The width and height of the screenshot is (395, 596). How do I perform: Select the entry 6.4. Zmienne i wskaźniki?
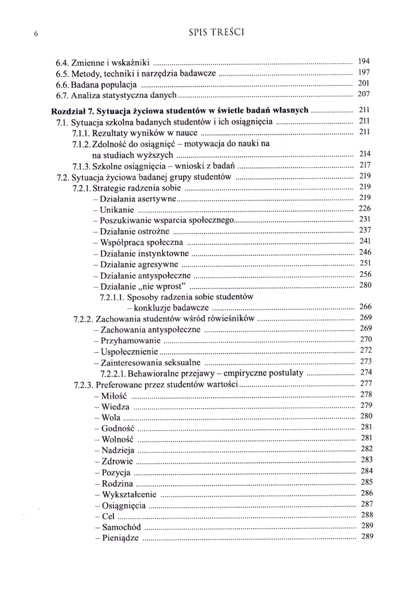tap(103, 62)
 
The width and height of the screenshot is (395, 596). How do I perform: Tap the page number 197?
tap(365, 73)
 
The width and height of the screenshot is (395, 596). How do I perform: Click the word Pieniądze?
tap(118, 538)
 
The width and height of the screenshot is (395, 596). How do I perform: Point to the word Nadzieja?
tap(115, 450)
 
